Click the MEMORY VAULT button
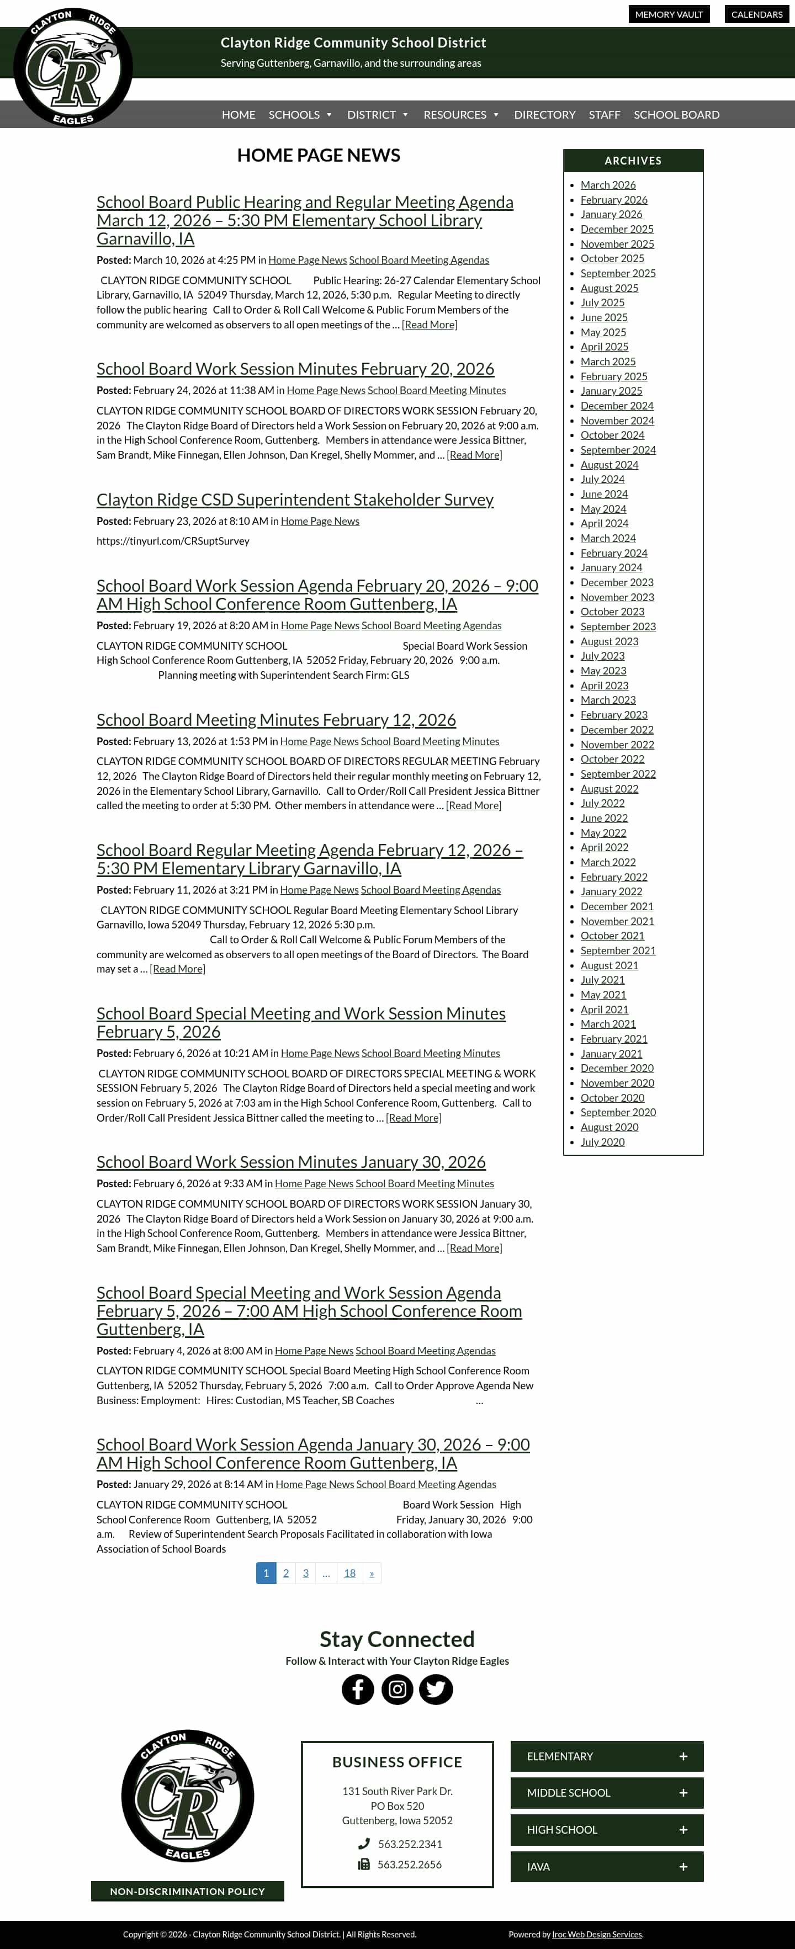click(669, 14)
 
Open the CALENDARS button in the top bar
click(756, 14)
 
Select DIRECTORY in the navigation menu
click(544, 115)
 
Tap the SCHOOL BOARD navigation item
click(676, 115)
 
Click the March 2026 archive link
click(607, 185)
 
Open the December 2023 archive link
click(617, 582)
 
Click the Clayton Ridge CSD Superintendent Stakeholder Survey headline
click(295, 500)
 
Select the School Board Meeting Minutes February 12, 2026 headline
click(276, 720)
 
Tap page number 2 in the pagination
click(286, 1573)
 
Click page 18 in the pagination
click(349, 1573)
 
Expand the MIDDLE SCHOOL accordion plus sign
click(683, 1793)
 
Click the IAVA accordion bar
click(607, 1867)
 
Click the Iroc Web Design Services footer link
click(596, 1935)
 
